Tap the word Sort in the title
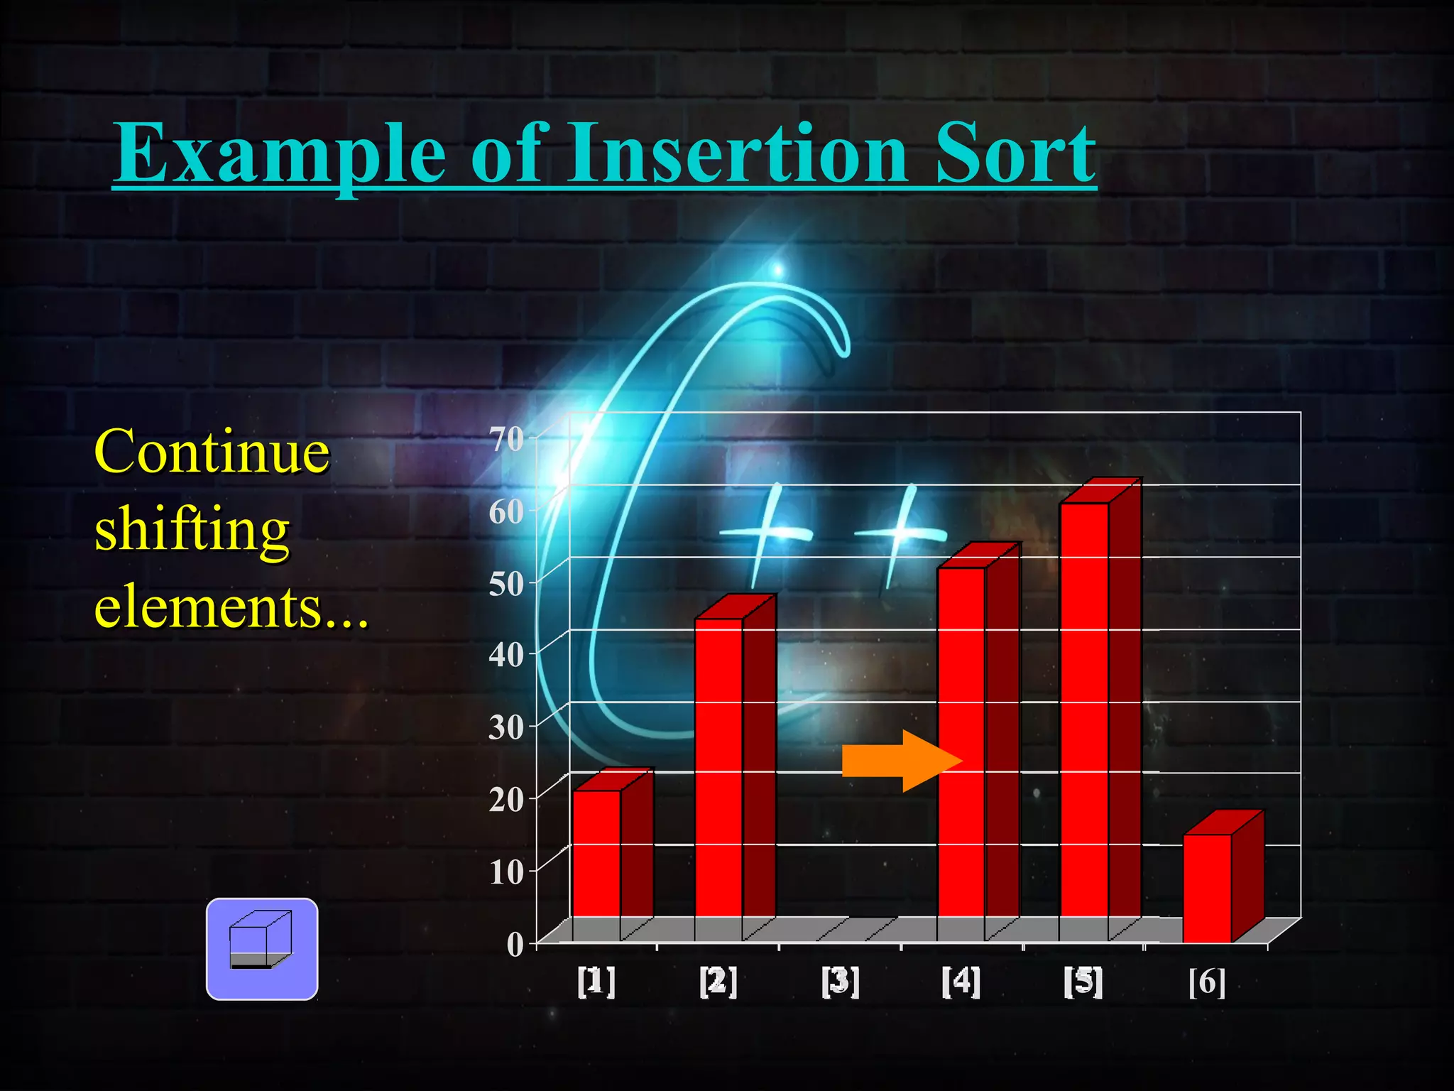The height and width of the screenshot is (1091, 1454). click(1015, 153)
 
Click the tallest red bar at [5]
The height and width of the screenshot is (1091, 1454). click(1084, 710)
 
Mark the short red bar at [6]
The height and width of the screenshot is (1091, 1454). click(1207, 888)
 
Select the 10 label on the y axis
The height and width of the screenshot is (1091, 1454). click(506, 872)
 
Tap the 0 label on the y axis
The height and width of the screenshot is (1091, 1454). click(515, 945)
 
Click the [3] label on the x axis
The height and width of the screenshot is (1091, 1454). click(840, 982)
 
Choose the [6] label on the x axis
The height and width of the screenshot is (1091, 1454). click(1207, 982)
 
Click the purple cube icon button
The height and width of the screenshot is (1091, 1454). click(262, 949)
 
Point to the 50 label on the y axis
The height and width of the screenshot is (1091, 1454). click(506, 584)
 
